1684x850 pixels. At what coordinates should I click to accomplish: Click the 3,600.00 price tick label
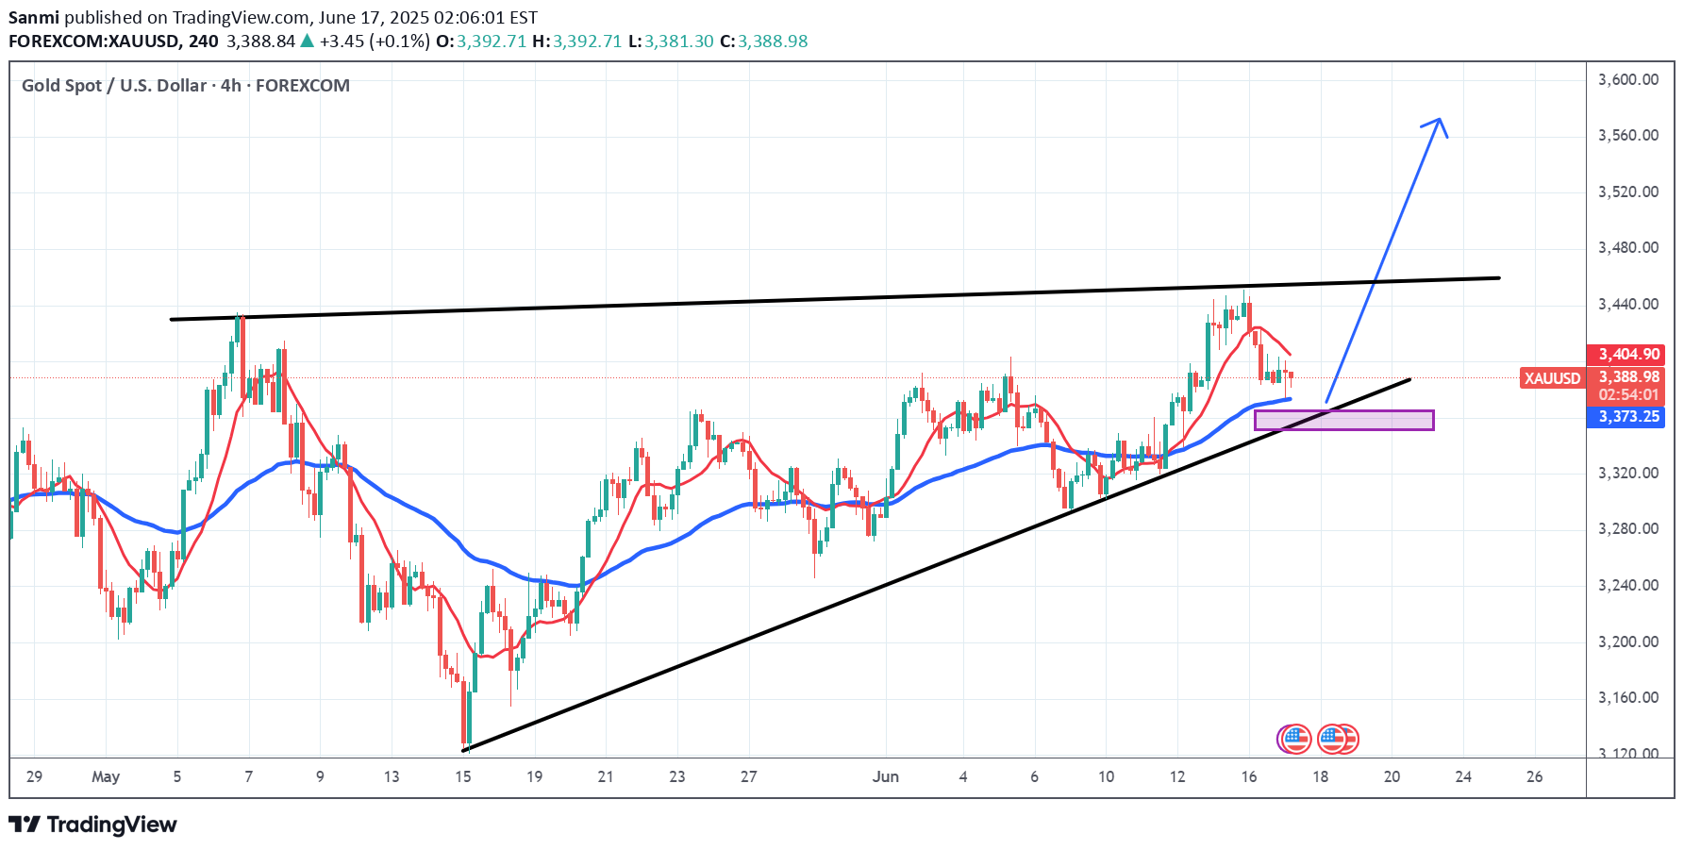pos(1627,79)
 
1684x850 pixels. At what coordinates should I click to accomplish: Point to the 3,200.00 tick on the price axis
pos(1627,642)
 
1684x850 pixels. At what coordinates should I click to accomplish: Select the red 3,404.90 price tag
pos(1628,355)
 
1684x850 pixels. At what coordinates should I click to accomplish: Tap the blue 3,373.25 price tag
pos(1628,417)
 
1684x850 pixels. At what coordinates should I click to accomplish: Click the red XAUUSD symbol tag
pos(1552,378)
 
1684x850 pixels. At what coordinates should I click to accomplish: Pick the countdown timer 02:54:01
pos(1628,394)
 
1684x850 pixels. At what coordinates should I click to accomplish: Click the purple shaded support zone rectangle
pos(1343,420)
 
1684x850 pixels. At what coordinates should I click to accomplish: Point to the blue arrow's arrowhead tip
pos(1439,119)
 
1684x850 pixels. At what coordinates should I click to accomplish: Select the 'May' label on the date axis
pos(106,776)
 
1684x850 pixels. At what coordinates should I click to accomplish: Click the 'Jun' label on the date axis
pos(885,776)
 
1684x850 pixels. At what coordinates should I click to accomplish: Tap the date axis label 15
pos(462,776)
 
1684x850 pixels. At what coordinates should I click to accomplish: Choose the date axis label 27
pos(748,776)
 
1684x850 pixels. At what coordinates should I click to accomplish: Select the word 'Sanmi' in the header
pos(34,18)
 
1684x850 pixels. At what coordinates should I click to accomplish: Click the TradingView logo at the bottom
pos(93,825)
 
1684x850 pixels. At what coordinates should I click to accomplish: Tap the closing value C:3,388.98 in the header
pos(763,42)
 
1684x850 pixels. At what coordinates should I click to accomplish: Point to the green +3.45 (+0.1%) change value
pos(375,42)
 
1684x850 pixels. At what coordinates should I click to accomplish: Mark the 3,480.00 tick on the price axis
pos(1627,247)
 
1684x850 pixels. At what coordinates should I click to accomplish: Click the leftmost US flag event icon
pos(1295,739)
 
